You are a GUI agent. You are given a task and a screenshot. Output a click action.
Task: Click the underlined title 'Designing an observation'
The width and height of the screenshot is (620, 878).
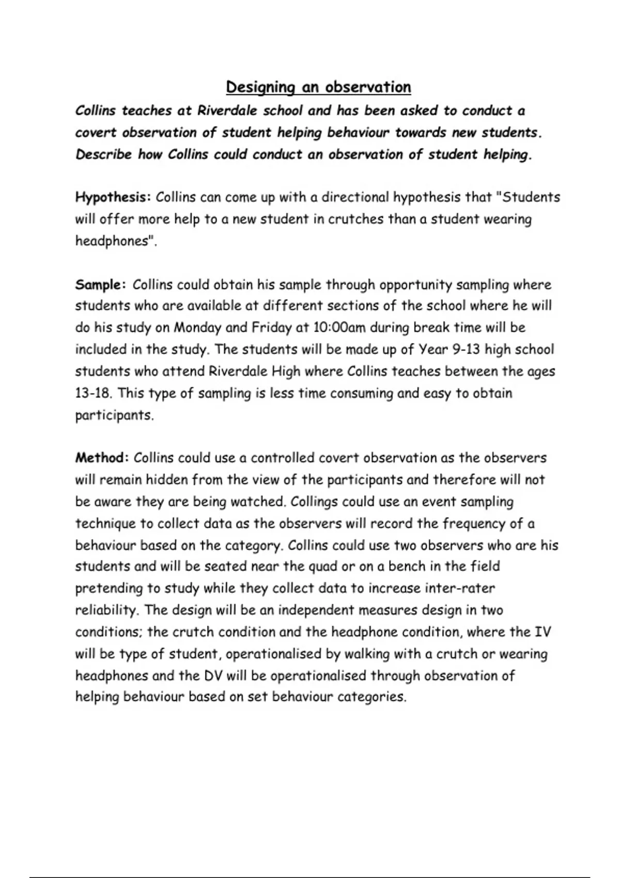(x=318, y=87)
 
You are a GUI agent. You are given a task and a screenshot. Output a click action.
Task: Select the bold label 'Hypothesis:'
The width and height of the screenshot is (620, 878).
(x=113, y=198)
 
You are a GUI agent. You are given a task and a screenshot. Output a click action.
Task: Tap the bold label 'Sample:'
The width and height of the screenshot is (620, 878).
(x=100, y=285)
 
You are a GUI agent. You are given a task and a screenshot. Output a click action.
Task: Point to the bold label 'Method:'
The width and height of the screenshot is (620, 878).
(x=102, y=458)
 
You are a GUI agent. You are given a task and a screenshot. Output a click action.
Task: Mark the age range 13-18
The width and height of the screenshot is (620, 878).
(x=93, y=394)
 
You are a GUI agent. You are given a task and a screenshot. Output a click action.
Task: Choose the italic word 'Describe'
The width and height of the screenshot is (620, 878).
(x=103, y=155)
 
